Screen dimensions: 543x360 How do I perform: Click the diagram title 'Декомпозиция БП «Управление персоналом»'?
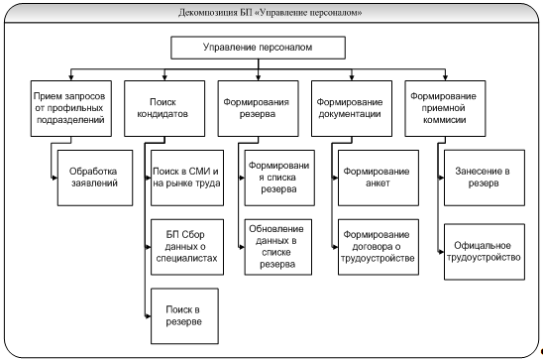click(x=271, y=13)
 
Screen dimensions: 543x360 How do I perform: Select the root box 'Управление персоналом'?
click(x=258, y=48)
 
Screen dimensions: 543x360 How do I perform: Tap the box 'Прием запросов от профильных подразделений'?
click(x=71, y=108)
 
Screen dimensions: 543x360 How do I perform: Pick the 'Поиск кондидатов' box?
click(x=164, y=108)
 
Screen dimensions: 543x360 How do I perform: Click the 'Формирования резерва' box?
click(x=258, y=108)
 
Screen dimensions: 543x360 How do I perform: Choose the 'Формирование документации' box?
click(x=352, y=108)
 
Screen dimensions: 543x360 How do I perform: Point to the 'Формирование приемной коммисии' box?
click(x=445, y=108)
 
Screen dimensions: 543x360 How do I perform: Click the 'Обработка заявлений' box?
click(x=95, y=178)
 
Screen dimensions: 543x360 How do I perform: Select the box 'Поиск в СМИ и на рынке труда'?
click(x=187, y=178)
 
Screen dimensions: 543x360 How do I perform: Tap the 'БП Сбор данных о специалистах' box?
click(x=187, y=247)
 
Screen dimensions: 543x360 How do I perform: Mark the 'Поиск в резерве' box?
click(x=184, y=316)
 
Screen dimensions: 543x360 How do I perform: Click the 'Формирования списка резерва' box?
click(x=279, y=178)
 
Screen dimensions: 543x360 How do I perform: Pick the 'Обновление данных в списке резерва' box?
click(x=278, y=247)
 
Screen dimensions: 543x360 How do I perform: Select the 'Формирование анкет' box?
click(x=379, y=178)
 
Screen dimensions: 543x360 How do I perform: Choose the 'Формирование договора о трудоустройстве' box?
click(x=379, y=247)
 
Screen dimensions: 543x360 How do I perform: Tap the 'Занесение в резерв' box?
click(x=485, y=178)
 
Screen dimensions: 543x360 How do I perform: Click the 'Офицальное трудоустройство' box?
click(x=485, y=252)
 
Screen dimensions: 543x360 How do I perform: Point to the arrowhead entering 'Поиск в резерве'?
click(x=148, y=316)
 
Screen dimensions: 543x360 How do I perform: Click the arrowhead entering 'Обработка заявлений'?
click(x=54, y=178)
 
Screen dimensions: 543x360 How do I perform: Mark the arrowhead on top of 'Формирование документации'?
click(x=352, y=77)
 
